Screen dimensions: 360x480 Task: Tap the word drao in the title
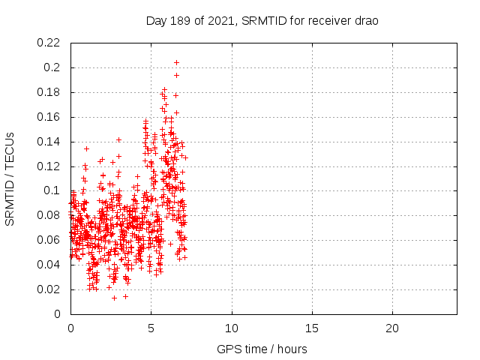click(x=366, y=21)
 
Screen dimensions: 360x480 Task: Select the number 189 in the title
click(x=184, y=21)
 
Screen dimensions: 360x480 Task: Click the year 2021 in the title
click(x=225, y=21)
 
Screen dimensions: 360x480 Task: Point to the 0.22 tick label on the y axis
click(x=49, y=43)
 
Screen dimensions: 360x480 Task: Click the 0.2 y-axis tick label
click(x=54, y=67)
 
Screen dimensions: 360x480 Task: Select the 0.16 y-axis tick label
click(x=49, y=117)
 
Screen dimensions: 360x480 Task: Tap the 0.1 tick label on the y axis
click(x=54, y=190)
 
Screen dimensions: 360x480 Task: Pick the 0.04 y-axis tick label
click(x=49, y=265)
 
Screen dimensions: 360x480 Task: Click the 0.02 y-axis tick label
click(x=49, y=289)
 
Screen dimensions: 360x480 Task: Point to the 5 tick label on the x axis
click(x=151, y=328)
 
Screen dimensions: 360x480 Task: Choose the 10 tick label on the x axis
click(x=232, y=328)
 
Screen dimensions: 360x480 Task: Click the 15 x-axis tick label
click(x=312, y=328)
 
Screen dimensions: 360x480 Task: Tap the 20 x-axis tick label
click(x=392, y=328)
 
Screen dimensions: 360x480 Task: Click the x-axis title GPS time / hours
click(x=262, y=349)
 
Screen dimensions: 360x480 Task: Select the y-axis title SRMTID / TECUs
click(x=10, y=178)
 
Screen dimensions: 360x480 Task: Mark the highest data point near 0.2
click(x=176, y=62)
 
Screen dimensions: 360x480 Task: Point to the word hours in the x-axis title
click(x=292, y=349)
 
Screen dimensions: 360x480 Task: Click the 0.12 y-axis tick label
click(x=49, y=166)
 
